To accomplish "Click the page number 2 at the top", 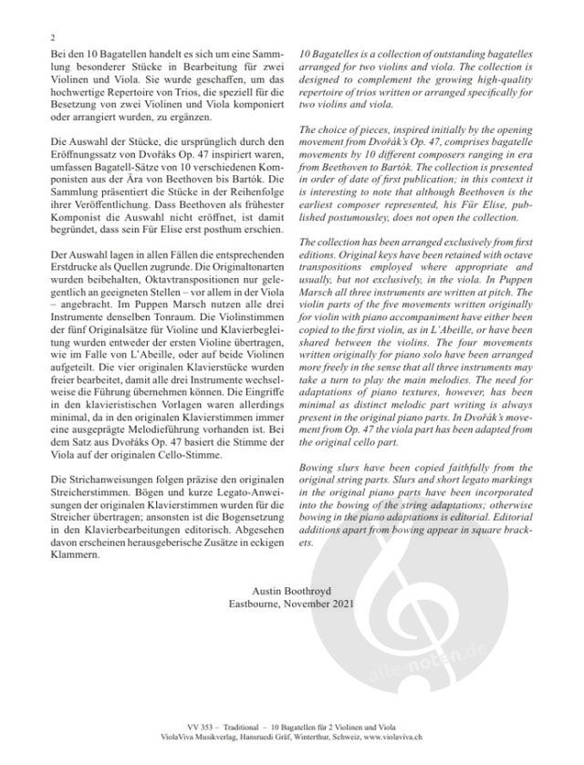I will (53, 38).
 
